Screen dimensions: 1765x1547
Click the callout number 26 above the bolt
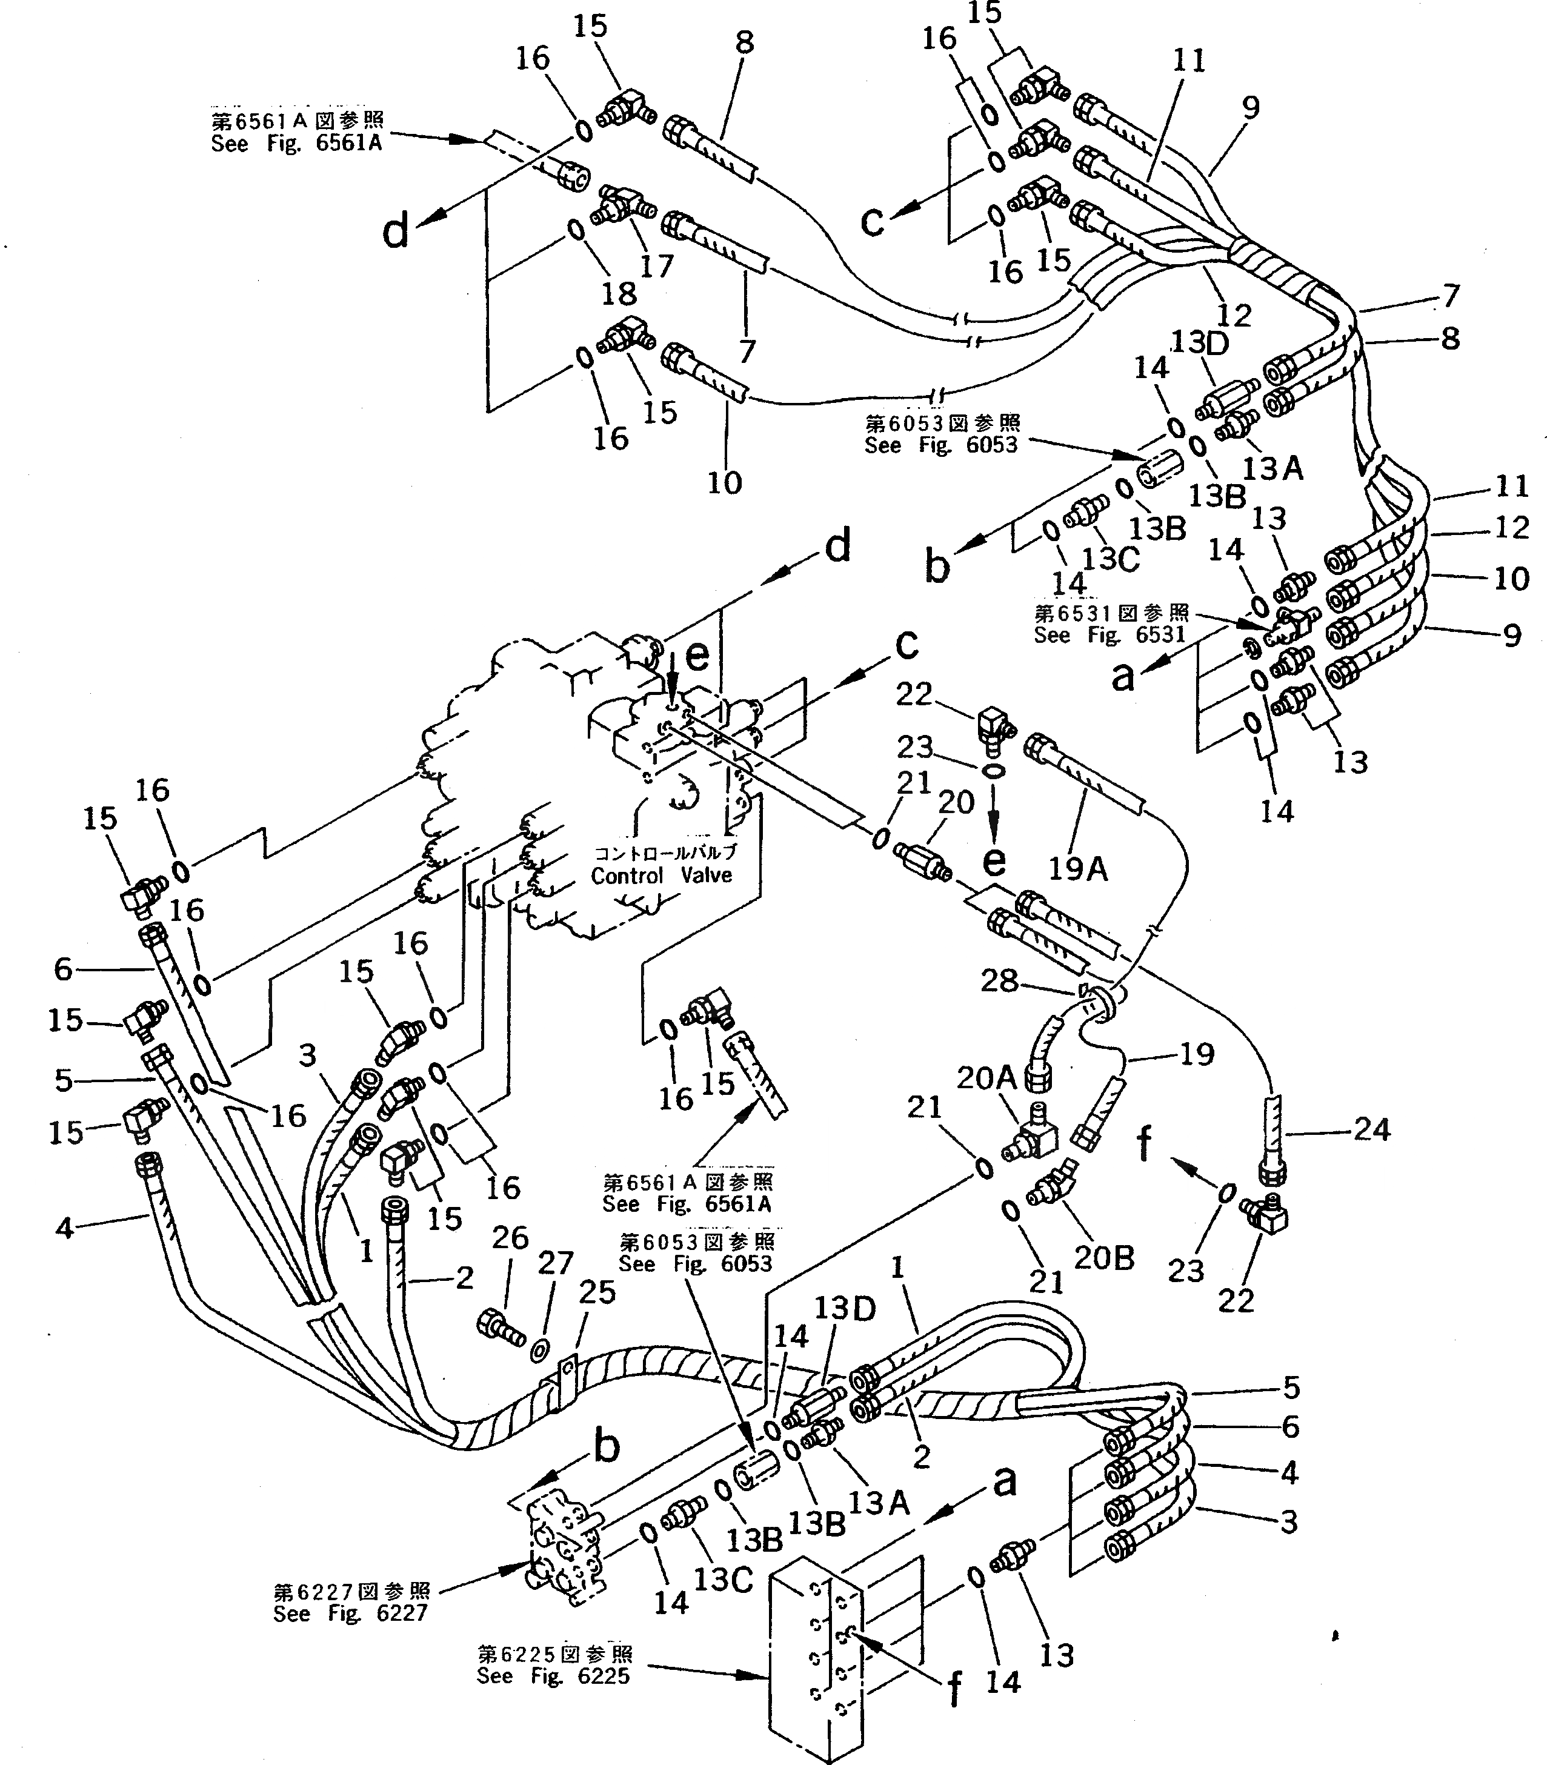click(x=510, y=1238)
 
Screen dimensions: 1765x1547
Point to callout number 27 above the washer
click(x=555, y=1263)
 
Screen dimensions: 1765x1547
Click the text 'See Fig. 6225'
click(x=553, y=1676)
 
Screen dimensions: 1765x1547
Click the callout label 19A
click(x=1077, y=868)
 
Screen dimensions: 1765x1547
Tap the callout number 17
click(x=656, y=266)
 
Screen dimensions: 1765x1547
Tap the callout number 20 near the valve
click(x=956, y=803)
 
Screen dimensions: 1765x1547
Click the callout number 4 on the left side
click(x=65, y=1228)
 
